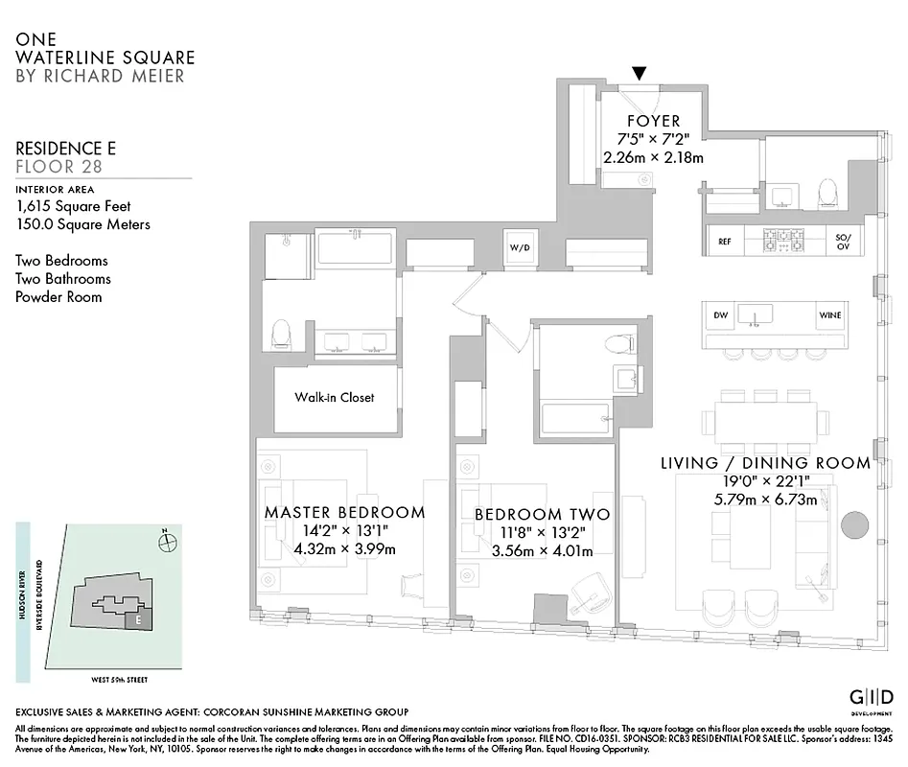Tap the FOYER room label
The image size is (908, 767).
pos(653,121)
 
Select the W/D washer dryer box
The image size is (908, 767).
pos(519,248)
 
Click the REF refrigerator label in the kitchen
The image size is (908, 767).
pos(725,242)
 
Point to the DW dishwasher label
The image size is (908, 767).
pos(721,314)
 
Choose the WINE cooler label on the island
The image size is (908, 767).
pos(829,314)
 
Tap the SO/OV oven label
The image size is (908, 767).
pos(843,242)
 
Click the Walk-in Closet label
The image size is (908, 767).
pos(334,397)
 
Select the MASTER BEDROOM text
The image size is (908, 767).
pos(344,512)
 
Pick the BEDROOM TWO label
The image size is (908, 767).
pos(542,515)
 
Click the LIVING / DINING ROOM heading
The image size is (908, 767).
pos(765,463)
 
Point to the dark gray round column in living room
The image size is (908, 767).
pos(853,524)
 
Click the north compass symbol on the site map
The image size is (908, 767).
pos(169,541)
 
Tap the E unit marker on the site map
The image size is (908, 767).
pos(139,620)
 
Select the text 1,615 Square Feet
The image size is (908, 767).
pos(73,206)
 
